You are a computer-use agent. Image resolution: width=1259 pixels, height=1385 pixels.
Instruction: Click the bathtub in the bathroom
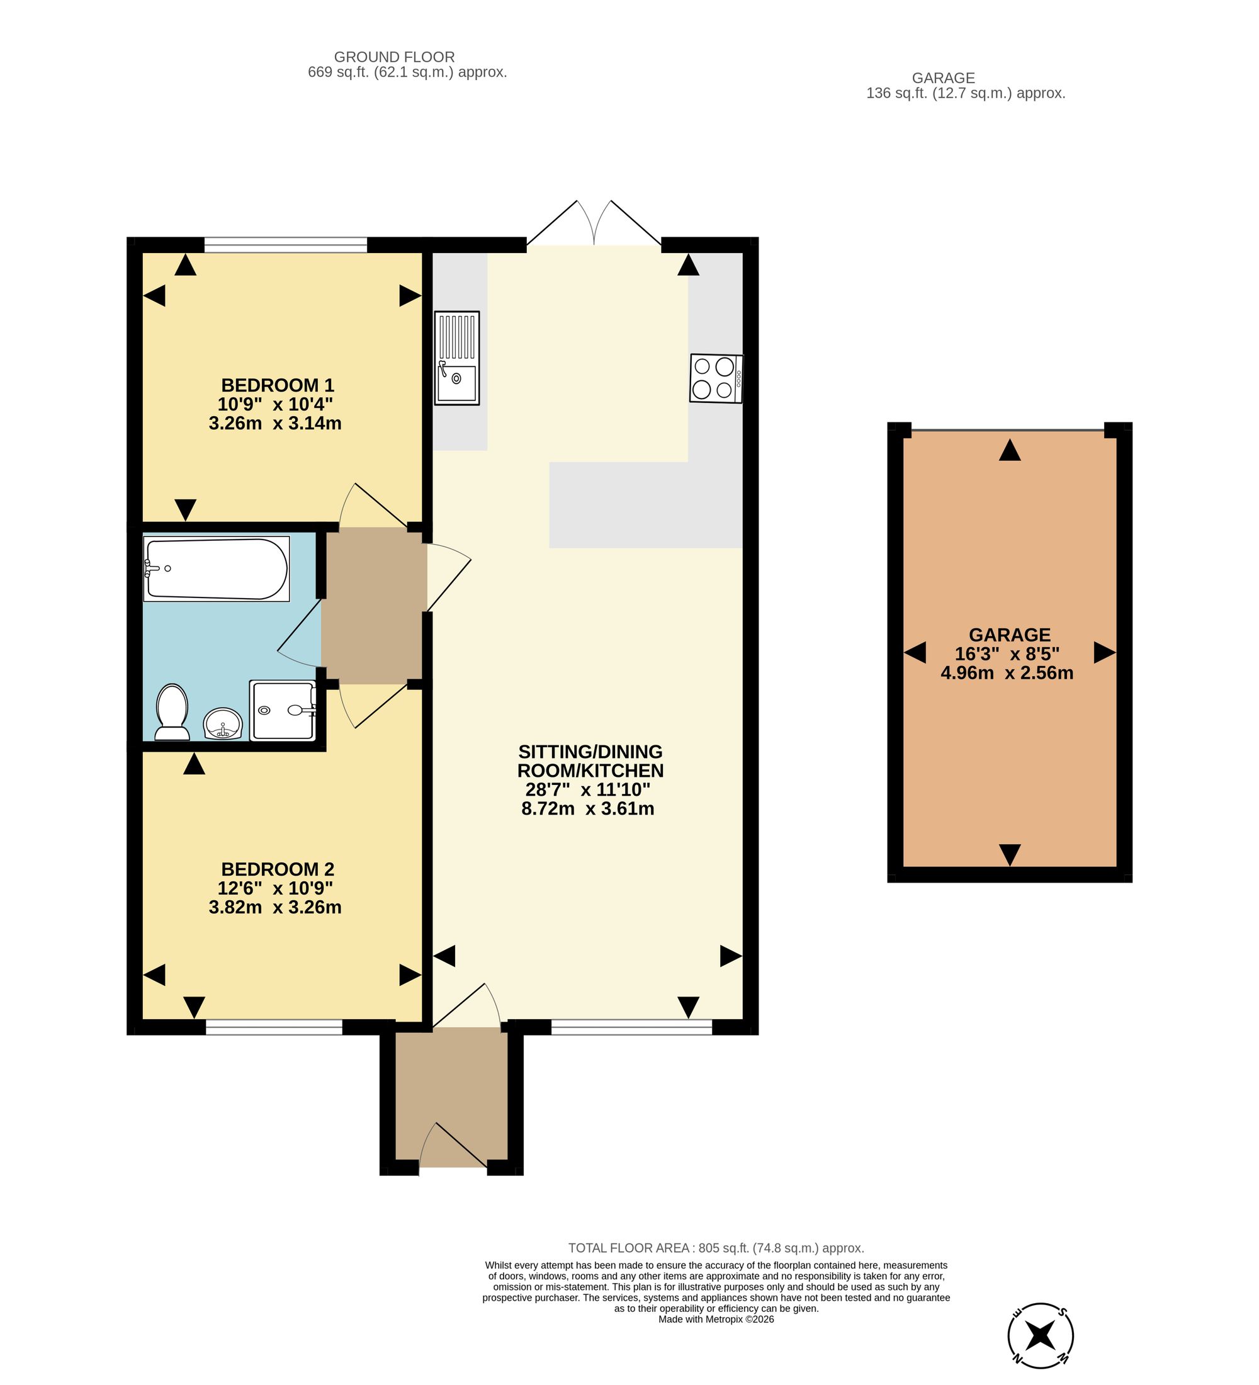217,569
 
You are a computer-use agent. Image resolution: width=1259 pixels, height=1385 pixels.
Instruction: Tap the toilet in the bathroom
172,712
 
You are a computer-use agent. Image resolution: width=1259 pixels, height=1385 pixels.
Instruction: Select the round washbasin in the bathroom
223,724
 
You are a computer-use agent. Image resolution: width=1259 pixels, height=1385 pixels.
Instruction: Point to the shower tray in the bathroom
282,710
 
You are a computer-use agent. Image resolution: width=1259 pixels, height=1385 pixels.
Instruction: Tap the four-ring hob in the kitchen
716,378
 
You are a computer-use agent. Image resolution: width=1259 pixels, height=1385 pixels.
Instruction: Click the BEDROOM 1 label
278,385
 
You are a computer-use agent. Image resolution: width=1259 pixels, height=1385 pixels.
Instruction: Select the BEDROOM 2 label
278,869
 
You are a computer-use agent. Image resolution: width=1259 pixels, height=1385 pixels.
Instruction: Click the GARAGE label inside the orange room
1010,635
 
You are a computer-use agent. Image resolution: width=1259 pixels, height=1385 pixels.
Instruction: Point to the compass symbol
1041,1335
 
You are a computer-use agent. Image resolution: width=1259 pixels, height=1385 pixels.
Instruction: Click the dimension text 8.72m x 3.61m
588,808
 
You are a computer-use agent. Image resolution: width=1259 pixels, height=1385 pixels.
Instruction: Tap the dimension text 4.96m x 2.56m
1007,672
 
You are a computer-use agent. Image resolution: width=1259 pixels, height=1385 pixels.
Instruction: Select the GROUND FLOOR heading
394,57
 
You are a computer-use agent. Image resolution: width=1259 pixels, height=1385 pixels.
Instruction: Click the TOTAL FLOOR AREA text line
716,1248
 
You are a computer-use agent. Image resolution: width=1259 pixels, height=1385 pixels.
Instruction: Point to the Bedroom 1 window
286,244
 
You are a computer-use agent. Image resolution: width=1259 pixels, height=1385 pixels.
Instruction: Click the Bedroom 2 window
274,1027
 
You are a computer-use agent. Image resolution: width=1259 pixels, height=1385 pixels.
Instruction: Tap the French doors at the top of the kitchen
594,223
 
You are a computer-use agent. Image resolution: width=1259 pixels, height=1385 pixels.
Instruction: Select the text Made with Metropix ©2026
716,1319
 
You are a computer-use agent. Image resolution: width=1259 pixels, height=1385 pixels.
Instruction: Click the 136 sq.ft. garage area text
966,93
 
